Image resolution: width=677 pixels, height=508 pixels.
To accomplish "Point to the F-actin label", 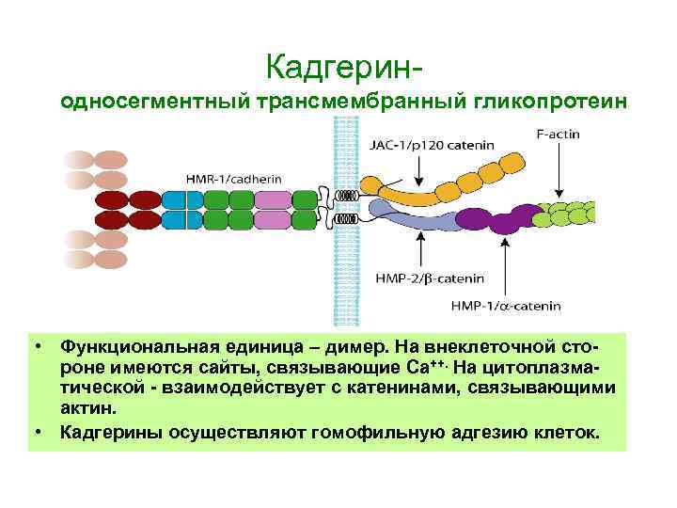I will (559, 135).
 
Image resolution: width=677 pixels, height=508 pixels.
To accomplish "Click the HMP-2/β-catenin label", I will (429, 278).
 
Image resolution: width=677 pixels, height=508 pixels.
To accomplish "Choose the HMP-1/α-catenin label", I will (505, 305).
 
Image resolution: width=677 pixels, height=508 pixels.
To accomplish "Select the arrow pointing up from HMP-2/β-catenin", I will (421, 249).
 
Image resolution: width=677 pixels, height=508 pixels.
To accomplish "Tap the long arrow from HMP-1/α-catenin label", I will (507, 263).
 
